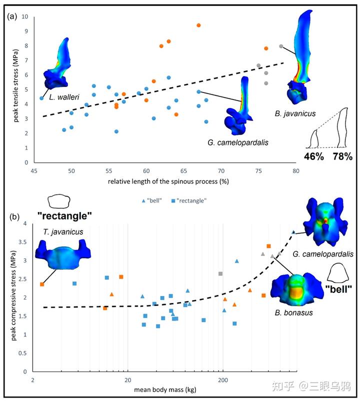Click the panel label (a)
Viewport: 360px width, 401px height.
12,16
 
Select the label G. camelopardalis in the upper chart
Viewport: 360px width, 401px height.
238,142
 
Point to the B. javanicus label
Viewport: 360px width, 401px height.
295,113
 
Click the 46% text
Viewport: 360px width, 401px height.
315,156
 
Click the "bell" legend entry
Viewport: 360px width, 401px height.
151,200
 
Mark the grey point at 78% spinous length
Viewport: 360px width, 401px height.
281,46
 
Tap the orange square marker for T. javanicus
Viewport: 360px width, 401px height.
42,284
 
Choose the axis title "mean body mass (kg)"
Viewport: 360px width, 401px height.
164,389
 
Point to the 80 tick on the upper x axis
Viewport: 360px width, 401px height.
296,170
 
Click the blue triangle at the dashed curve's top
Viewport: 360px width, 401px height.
293,232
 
